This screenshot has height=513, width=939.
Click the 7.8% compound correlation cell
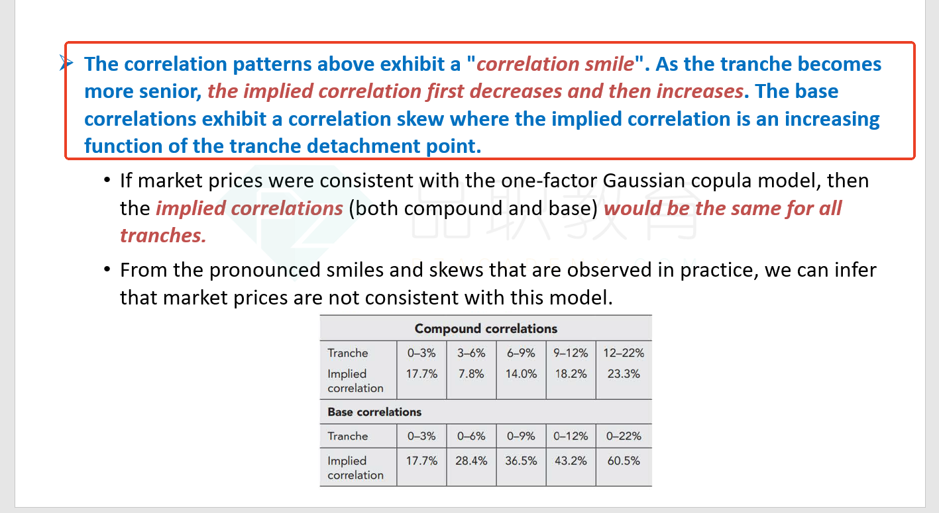pyautogui.click(x=471, y=373)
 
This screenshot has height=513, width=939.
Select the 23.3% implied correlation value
pyautogui.click(x=624, y=373)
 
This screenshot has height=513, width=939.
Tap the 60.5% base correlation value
pyautogui.click(x=624, y=461)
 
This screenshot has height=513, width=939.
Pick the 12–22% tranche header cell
pyautogui.click(x=624, y=353)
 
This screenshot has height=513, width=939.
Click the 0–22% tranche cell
pyautogui.click(x=624, y=436)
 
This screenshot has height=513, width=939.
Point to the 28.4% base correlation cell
pyautogui.click(x=471, y=461)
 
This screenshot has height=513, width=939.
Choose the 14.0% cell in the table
pyautogui.click(x=521, y=373)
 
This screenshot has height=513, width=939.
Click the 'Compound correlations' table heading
pyautogui.click(x=486, y=328)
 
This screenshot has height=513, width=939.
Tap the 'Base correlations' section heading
pyautogui.click(x=374, y=412)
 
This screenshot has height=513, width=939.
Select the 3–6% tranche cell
pyautogui.click(x=471, y=353)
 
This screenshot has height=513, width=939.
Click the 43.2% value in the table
pyautogui.click(x=571, y=461)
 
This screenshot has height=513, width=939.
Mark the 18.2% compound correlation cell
pyautogui.click(x=571, y=373)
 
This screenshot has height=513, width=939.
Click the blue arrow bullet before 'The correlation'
pyautogui.click(x=66, y=64)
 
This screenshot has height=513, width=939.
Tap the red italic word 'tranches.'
pyautogui.click(x=163, y=236)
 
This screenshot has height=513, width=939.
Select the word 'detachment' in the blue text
pyautogui.click(x=368, y=146)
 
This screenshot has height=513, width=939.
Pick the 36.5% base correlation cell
pyautogui.click(x=521, y=461)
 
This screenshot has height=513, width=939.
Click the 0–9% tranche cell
pyautogui.click(x=521, y=436)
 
